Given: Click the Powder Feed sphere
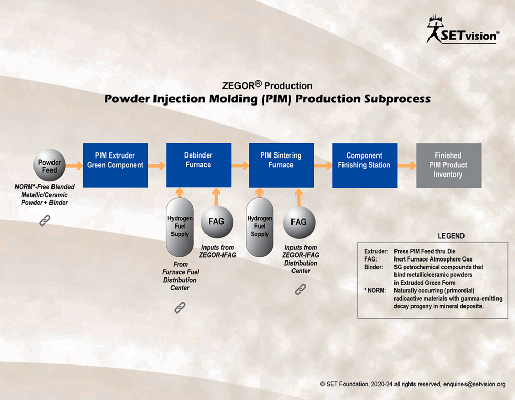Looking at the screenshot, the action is coord(49,165).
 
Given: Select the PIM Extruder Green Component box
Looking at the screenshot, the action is coord(115,165).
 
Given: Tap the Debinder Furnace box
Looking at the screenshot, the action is coord(199,165).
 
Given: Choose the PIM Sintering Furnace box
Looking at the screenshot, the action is coord(281,165).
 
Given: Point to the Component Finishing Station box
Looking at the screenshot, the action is coord(365,166).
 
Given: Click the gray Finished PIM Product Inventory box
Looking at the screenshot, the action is coord(449,166).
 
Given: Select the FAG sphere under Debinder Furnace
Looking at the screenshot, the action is coord(217,222).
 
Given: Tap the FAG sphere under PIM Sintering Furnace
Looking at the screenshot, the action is coord(299,222).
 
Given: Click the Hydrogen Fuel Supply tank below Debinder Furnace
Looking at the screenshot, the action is coord(180,227).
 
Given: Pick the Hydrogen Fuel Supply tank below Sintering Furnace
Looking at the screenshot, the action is coord(260,227).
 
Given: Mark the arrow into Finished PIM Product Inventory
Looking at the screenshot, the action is coord(407,166).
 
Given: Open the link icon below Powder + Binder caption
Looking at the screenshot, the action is coord(45,220).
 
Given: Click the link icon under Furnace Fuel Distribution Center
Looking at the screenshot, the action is coord(180,307).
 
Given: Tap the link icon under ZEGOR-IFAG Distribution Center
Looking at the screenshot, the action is coord(300,289).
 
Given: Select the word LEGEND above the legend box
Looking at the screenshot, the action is coord(451,236).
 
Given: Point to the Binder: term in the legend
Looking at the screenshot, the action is coord(373,267).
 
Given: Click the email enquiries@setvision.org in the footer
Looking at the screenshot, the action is coord(474,384).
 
